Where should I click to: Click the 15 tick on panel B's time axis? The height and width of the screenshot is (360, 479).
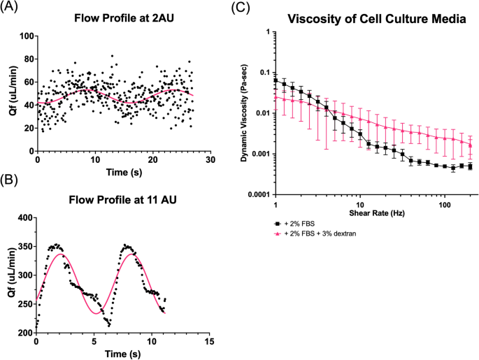(208, 343)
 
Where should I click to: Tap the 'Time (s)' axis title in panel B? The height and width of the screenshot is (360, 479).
(122, 354)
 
